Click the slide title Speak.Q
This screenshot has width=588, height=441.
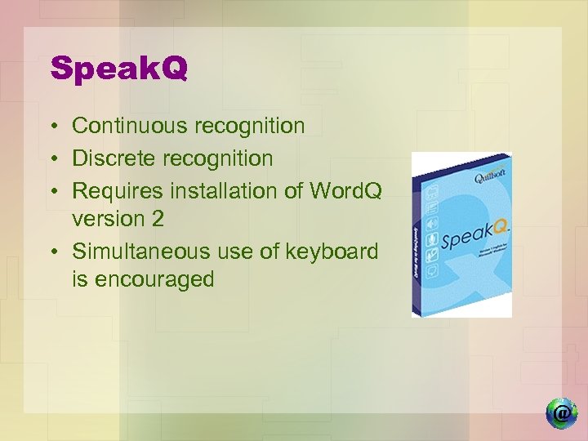(118, 69)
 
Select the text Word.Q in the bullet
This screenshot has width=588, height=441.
(345, 190)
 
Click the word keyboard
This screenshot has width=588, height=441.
(331, 251)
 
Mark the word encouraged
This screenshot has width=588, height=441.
(154, 279)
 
